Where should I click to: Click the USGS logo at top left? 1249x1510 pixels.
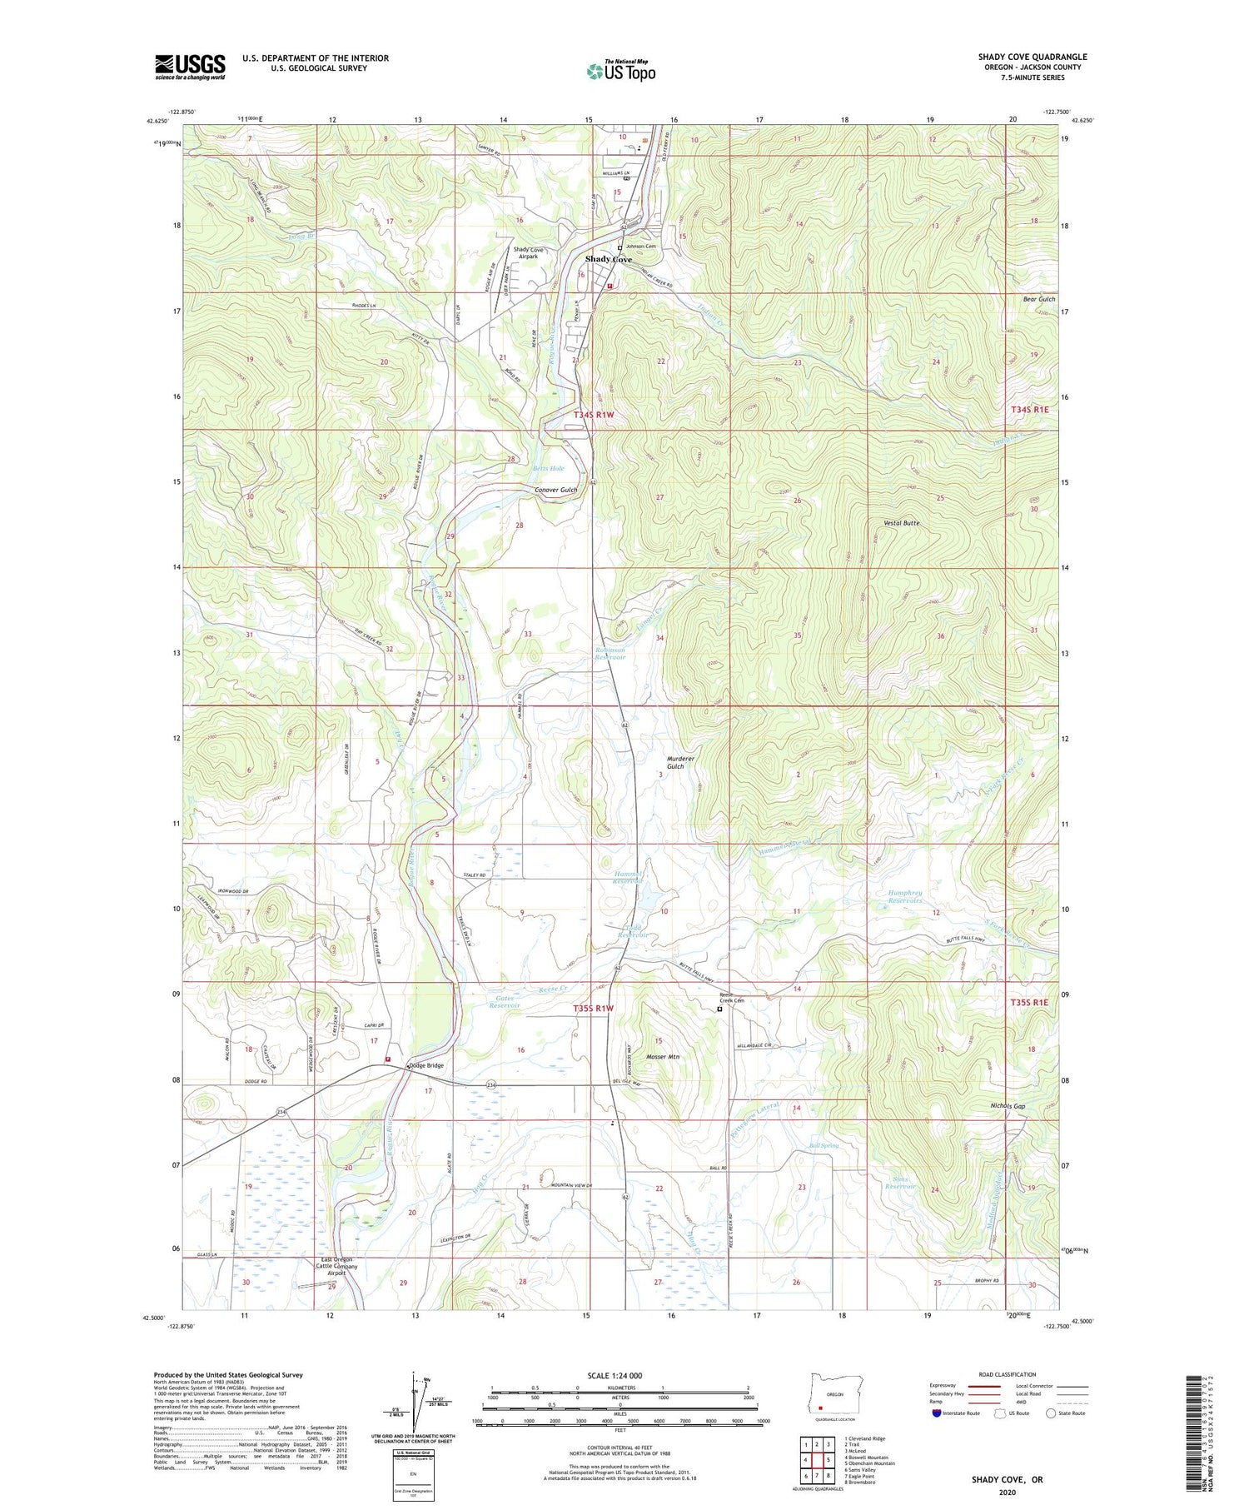(x=190, y=66)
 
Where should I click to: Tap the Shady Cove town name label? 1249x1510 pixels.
(x=608, y=259)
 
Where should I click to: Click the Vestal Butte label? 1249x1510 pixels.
(x=902, y=522)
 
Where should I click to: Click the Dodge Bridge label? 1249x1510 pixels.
(x=426, y=1065)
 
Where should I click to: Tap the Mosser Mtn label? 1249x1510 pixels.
(x=663, y=1057)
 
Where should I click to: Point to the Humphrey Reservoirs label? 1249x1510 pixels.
(x=904, y=896)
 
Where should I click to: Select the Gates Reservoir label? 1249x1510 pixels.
(x=505, y=1001)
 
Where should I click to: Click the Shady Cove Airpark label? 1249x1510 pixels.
(x=528, y=253)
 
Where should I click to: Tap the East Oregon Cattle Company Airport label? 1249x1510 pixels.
(x=336, y=1267)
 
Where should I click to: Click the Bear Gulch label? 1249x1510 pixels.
(x=1038, y=299)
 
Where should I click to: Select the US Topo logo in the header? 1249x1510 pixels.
(x=620, y=71)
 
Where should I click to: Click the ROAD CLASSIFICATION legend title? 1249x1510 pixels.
(x=1008, y=1374)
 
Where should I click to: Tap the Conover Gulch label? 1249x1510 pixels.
(x=555, y=490)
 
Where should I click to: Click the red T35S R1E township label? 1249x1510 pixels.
(x=1029, y=1003)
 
